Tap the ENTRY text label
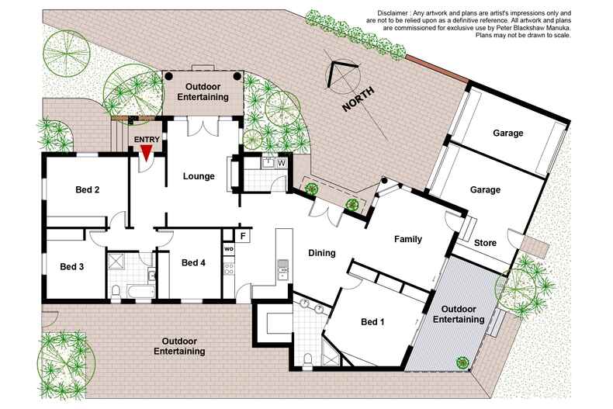[x=147, y=140]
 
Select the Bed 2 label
[x=87, y=189]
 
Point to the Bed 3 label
[x=72, y=266]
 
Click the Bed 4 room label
[x=193, y=263]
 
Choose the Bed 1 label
[x=373, y=322]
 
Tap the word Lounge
[x=199, y=176]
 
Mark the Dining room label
[x=322, y=253]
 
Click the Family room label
[x=407, y=239]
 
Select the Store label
[x=485, y=243]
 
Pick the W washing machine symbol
[x=280, y=163]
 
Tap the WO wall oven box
[x=229, y=248]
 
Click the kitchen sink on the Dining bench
[x=283, y=271]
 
